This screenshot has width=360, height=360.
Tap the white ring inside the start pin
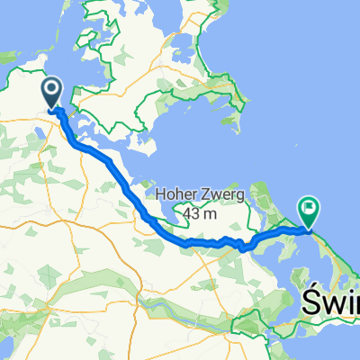(x=50, y=89)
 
